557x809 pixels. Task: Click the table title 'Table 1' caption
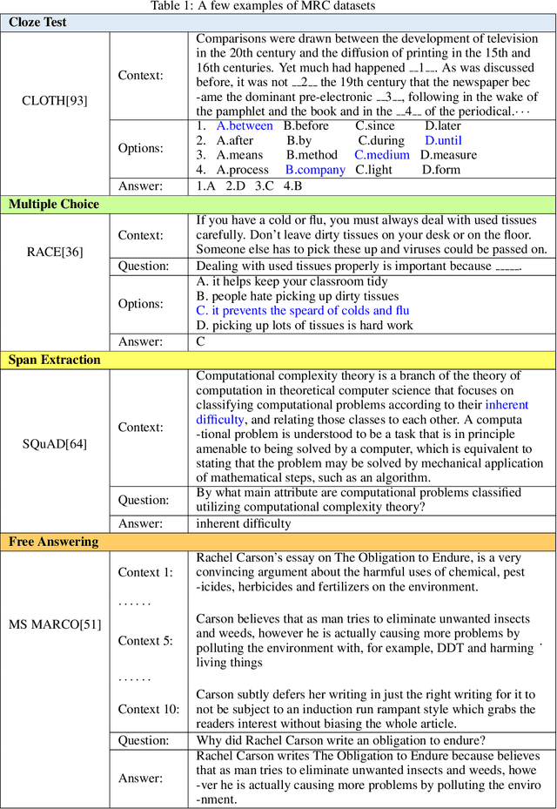(278, 7)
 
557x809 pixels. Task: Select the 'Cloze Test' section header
(38, 23)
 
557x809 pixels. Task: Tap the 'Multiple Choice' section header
(54, 205)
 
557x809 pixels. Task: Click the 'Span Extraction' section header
(55, 360)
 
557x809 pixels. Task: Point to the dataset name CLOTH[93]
(55, 100)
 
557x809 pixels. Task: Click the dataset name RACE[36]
(55, 252)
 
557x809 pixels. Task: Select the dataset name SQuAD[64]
(55, 445)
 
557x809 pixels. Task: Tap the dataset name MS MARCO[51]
(55, 624)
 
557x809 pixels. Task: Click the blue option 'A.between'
(245, 125)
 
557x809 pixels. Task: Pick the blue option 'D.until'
(443, 140)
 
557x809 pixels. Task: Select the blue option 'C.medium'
(381, 155)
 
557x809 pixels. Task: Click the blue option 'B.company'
(315, 170)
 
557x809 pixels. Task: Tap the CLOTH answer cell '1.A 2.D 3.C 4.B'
(249, 185)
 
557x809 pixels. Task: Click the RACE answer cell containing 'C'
(201, 341)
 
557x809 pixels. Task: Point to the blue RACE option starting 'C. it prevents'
(302, 311)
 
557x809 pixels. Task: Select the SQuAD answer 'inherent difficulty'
(244, 523)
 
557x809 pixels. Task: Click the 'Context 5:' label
(145, 641)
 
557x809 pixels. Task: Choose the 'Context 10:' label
(149, 709)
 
